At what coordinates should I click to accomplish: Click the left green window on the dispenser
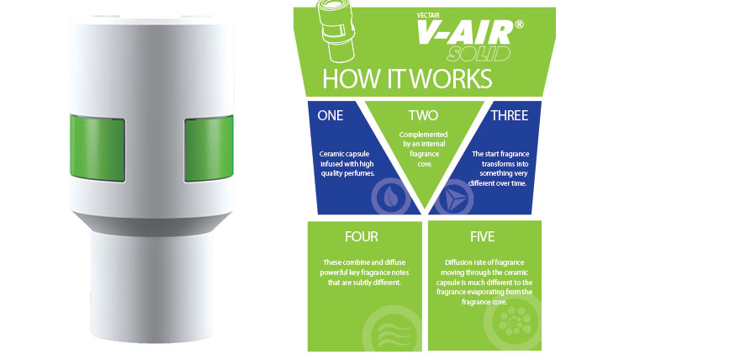(98, 148)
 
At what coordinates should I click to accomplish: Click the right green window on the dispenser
(209, 148)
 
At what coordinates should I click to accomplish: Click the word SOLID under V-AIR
(479, 54)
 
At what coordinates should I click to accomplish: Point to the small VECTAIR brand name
(428, 14)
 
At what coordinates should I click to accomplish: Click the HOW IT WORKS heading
(407, 79)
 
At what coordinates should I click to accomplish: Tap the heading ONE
(330, 115)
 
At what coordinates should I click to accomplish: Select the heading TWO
(423, 115)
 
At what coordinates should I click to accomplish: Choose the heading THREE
(510, 115)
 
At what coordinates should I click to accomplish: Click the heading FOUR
(362, 236)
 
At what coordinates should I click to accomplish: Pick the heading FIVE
(482, 236)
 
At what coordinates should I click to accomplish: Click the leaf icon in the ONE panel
(390, 199)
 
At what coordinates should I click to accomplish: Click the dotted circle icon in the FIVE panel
(514, 320)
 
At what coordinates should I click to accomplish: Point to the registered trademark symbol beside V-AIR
(519, 24)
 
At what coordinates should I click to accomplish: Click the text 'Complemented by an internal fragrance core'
(423, 150)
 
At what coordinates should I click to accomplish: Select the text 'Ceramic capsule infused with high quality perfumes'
(347, 163)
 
